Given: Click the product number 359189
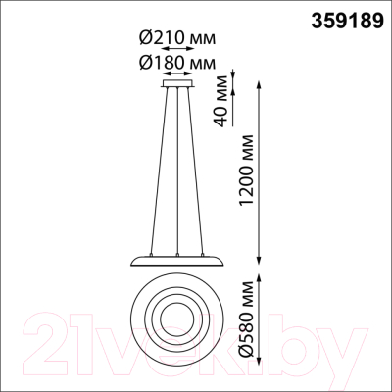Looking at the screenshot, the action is point(347,22).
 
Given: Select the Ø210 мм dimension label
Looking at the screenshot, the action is point(177,38).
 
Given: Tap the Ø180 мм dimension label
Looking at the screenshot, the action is point(177,62).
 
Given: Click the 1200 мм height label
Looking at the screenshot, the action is point(246,170).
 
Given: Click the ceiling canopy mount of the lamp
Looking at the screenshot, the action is point(177,83).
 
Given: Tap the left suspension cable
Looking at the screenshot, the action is point(159,171).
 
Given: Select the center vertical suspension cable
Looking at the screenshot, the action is point(177,171).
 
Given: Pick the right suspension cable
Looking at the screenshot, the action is point(195,171).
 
